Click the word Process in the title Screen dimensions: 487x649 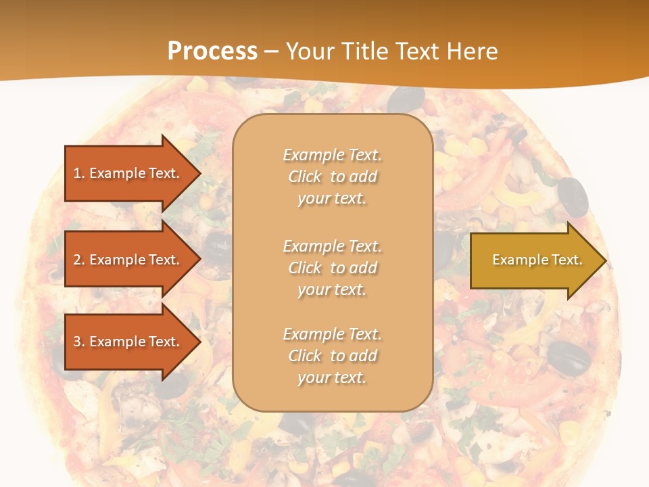(212, 51)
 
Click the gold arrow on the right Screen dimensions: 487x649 (534, 260)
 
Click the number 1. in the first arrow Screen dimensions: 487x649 (79, 173)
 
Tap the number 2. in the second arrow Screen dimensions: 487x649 (79, 260)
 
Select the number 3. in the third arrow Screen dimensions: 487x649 (79, 342)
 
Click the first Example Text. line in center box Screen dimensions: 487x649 (332, 155)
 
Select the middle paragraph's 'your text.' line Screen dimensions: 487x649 (332, 289)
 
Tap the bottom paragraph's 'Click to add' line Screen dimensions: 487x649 (332, 356)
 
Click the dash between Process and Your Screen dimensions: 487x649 (271, 51)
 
